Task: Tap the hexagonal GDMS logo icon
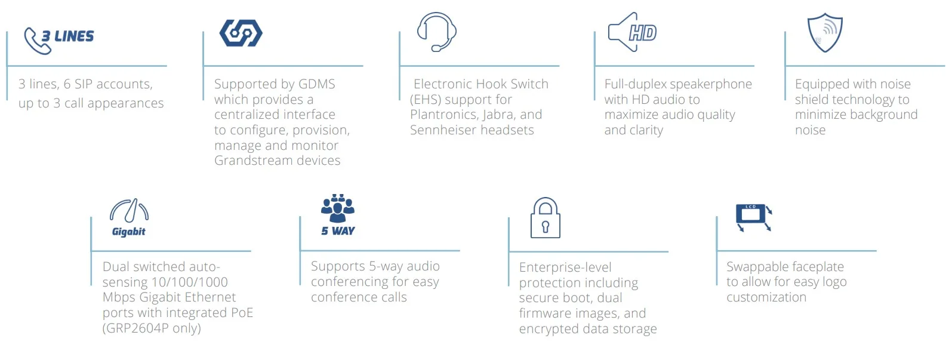(x=241, y=33)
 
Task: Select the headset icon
(x=437, y=32)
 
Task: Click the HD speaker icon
(x=632, y=32)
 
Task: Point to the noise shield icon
(x=825, y=33)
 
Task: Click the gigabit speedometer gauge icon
(x=129, y=211)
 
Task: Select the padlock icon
(x=546, y=218)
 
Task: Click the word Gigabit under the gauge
(x=129, y=232)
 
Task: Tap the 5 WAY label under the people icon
(x=338, y=231)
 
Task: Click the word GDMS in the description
(x=316, y=84)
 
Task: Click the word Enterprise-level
(x=565, y=267)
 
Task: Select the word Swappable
(x=755, y=267)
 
